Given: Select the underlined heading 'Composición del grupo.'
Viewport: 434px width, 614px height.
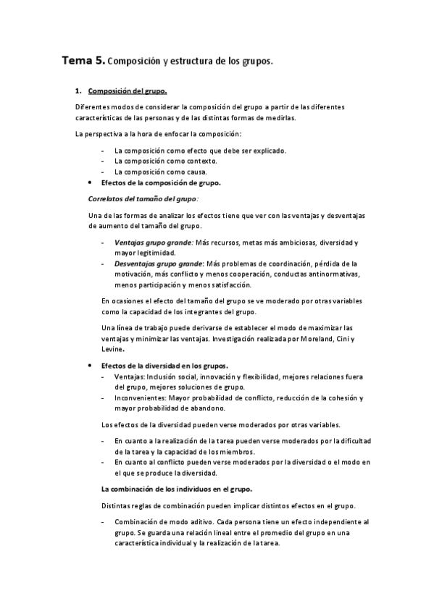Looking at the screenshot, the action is [128, 91].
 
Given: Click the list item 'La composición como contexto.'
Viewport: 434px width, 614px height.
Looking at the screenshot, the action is [165, 161].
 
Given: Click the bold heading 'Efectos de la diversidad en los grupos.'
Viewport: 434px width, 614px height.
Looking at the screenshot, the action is [165, 366].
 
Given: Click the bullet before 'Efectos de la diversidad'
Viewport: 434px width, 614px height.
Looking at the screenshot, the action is [88, 366].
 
